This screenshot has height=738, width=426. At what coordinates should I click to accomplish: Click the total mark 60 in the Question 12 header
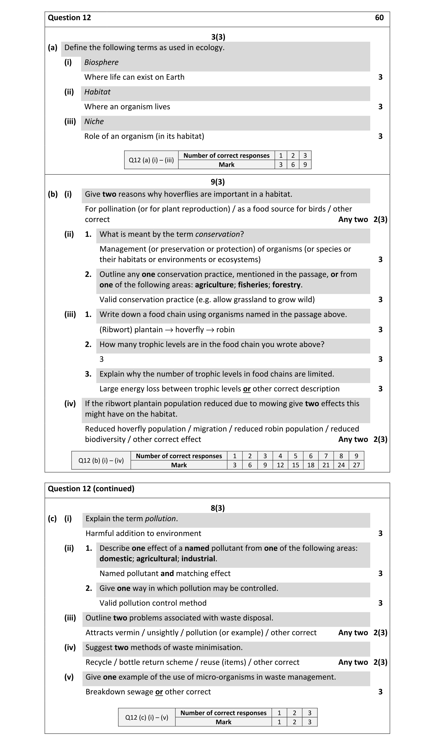pos(379,18)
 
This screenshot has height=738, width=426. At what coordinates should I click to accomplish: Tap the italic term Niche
pos(94,121)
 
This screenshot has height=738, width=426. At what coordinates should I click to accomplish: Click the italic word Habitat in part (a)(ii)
pos(97,92)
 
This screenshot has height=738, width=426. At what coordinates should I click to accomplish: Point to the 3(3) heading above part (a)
pos(218,37)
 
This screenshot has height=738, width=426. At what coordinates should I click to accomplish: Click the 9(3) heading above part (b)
pos(218,182)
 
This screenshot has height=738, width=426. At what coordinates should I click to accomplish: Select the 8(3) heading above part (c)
pos(218,508)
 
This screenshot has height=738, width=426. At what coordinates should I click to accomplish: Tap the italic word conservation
pos(217,234)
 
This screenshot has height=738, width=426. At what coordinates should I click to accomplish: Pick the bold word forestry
pos(286,285)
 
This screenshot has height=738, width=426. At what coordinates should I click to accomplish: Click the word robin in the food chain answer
pos(225,330)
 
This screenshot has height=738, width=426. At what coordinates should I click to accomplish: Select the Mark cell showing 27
pos(356,465)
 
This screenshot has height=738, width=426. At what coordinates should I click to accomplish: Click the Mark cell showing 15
pos(295,465)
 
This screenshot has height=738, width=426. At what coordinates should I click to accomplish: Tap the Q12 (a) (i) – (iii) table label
pos(151,160)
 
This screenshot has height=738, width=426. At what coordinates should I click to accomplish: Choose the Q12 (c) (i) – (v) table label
pos(147,717)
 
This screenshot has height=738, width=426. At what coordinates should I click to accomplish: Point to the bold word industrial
pos(198,559)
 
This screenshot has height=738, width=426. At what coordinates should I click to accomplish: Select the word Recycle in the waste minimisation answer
pos(99,662)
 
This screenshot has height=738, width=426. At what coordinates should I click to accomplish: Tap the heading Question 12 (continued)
pos(91,489)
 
